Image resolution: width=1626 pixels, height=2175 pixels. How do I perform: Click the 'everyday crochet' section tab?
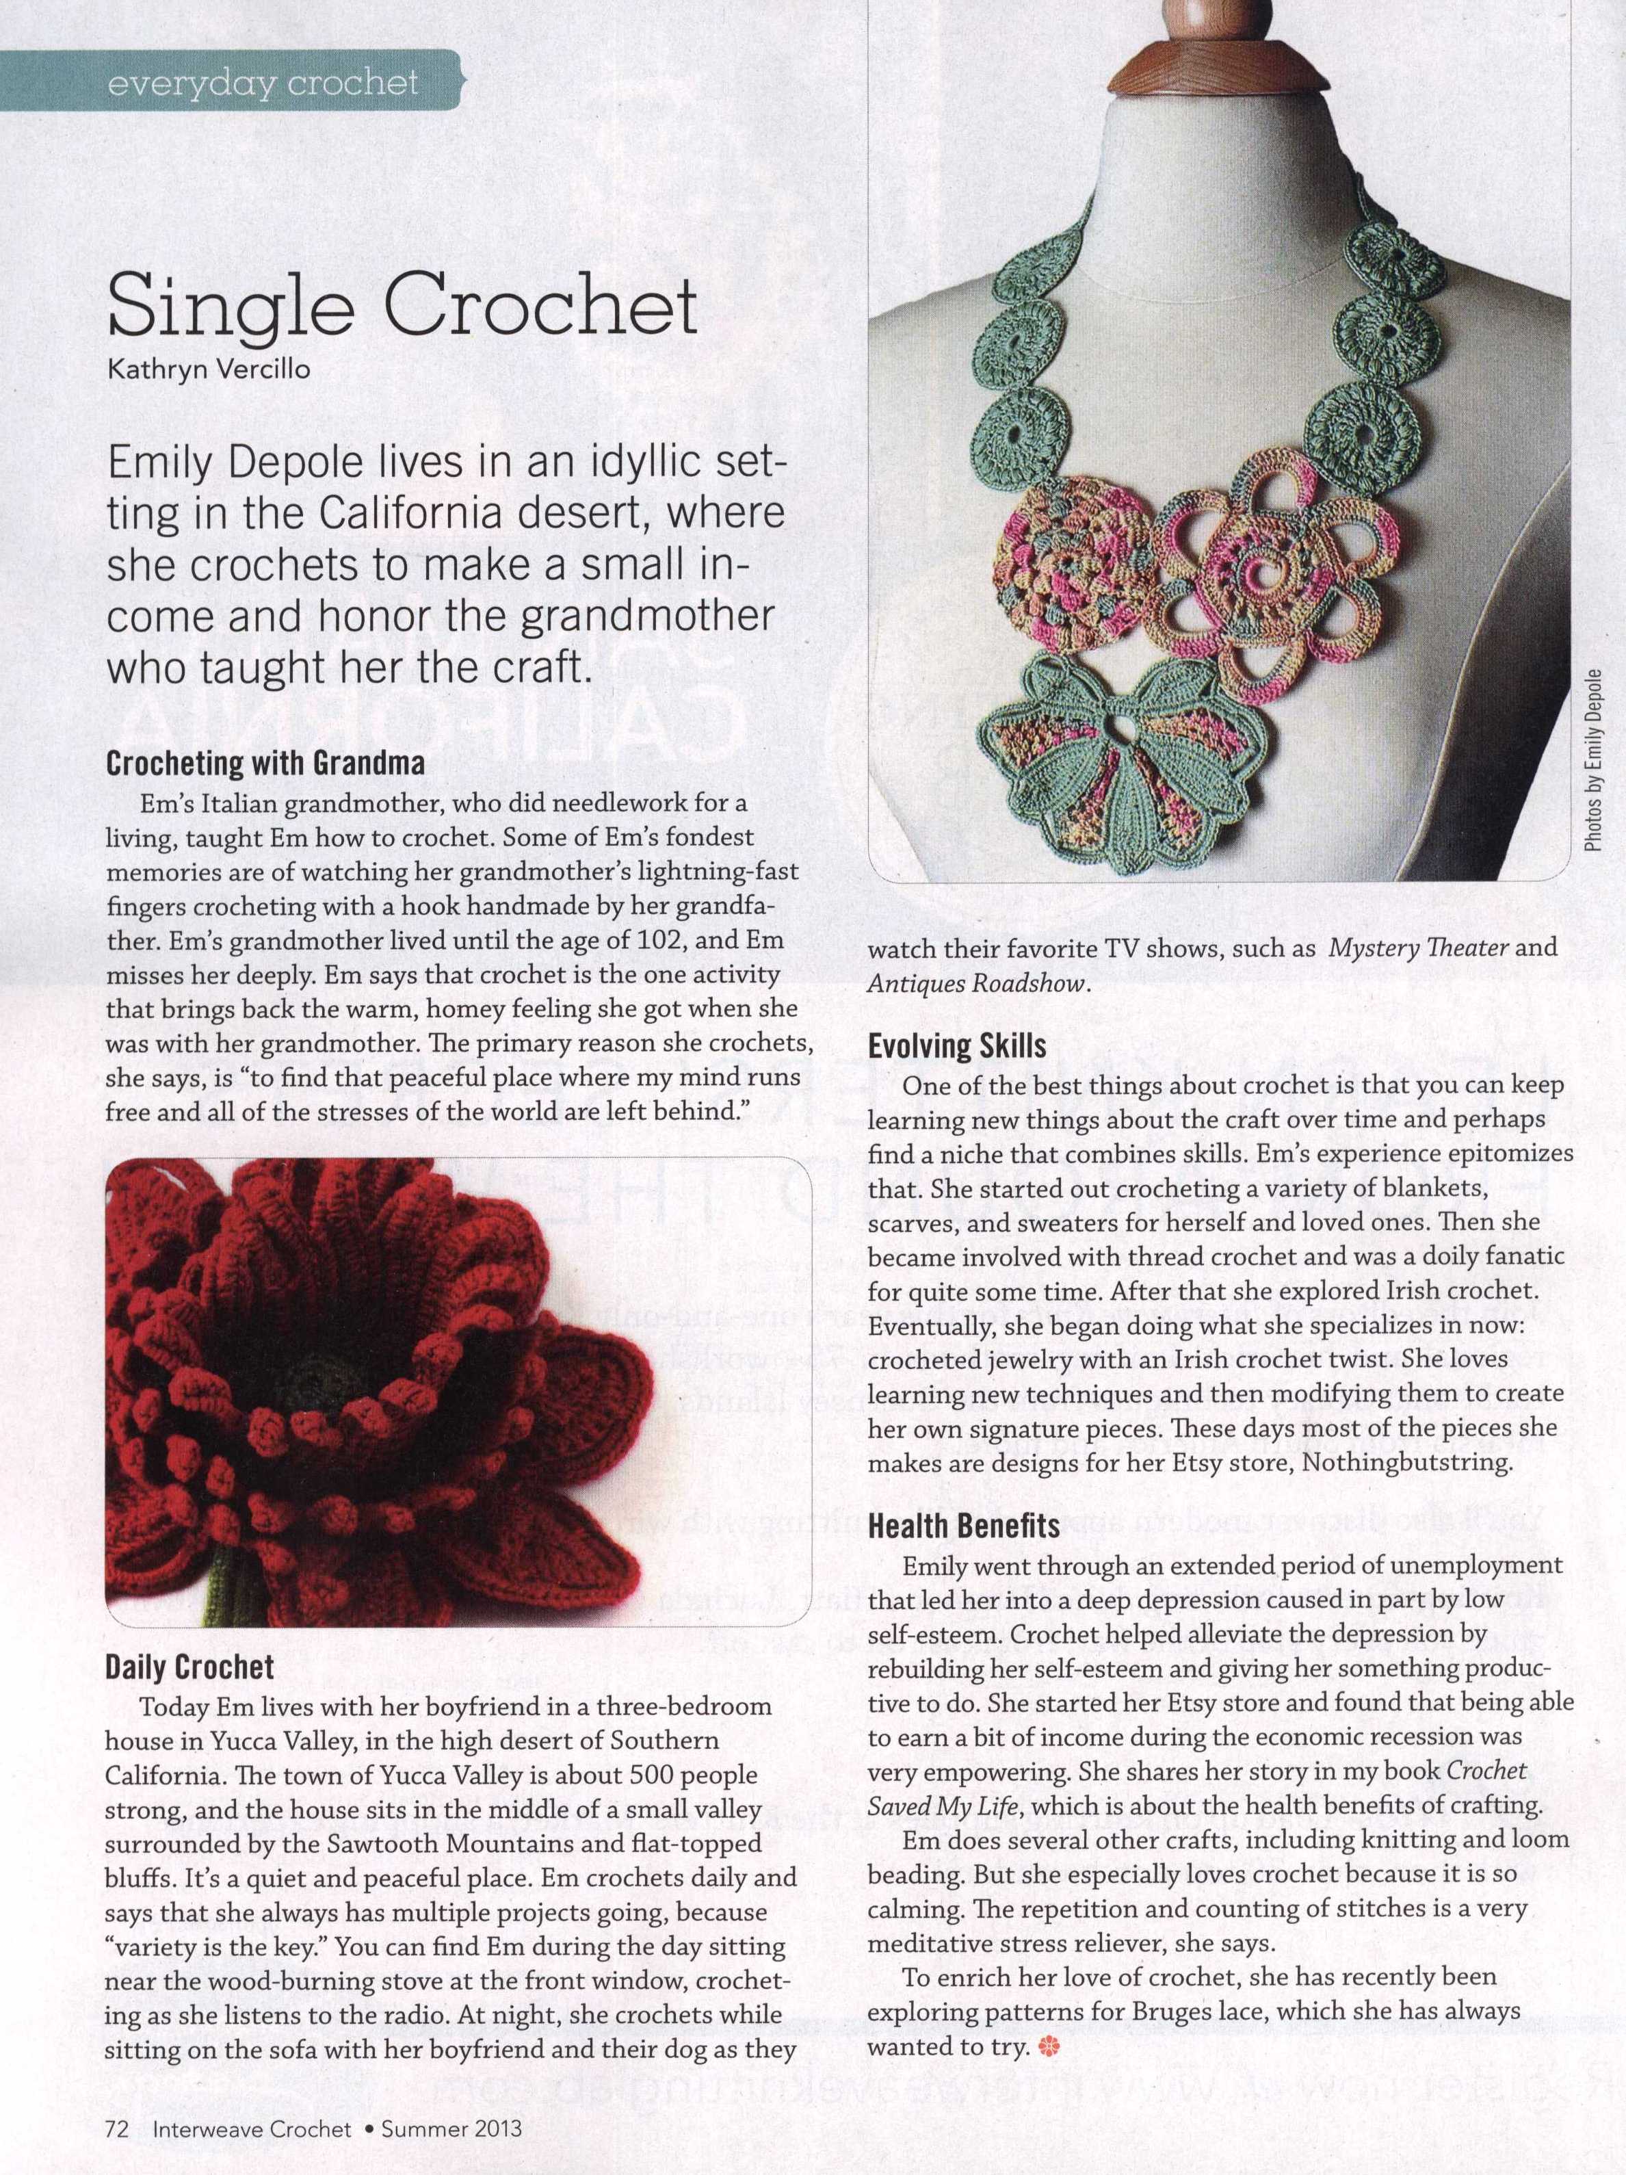tap(263, 83)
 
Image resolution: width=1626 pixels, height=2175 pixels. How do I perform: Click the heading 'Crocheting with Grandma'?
tap(265, 763)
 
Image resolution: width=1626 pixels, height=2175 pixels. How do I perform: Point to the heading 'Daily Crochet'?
tap(189, 1667)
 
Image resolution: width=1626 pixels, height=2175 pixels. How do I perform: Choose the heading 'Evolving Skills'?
tap(956, 1045)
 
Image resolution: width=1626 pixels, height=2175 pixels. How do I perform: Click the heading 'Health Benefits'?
tap(963, 1525)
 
